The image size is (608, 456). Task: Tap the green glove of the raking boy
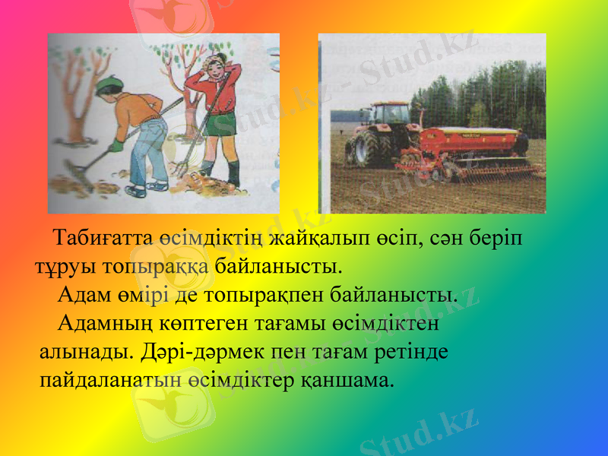[116, 144]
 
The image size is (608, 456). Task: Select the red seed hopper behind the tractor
[471, 140]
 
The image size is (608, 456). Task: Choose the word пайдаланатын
[111, 378]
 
